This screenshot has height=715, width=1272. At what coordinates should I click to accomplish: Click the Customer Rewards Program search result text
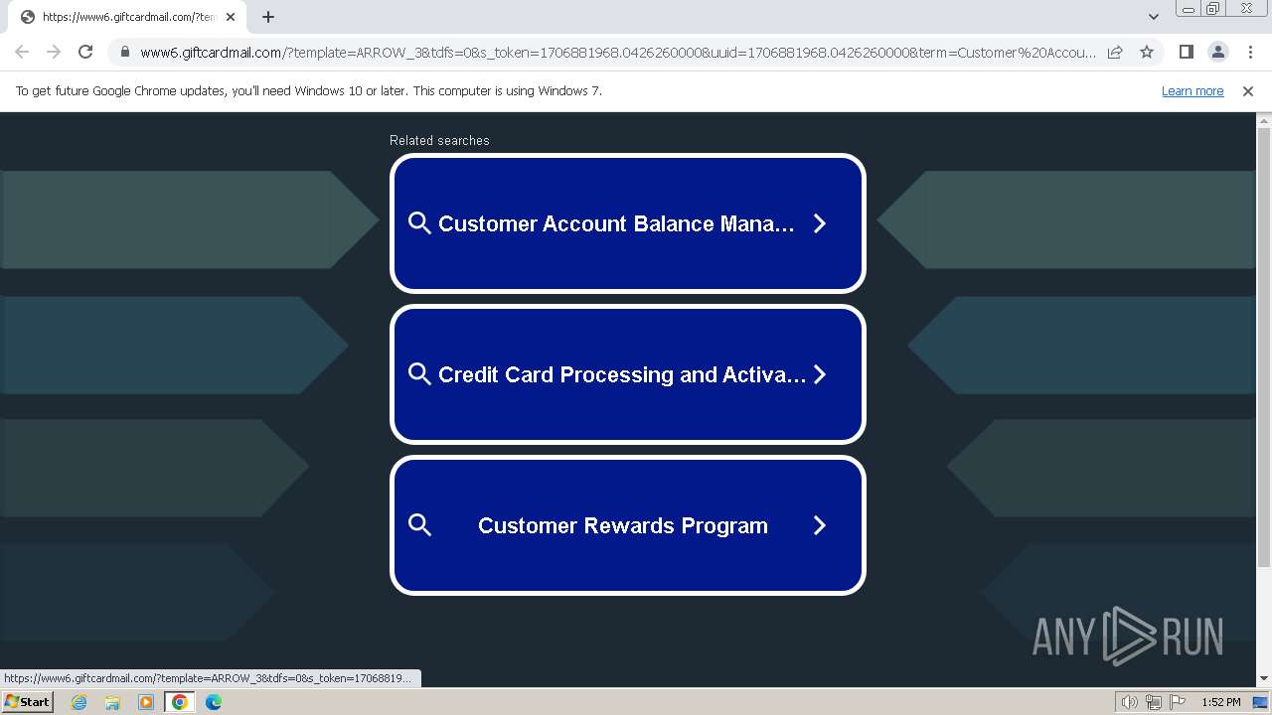tap(622, 525)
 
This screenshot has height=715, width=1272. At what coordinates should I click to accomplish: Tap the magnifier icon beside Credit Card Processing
tap(419, 374)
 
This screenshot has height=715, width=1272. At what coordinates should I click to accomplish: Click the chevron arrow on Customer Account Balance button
tap(819, 223)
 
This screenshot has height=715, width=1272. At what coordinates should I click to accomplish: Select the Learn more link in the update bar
tap(1192, 90)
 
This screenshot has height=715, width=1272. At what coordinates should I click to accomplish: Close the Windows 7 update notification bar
tap(1247, 90)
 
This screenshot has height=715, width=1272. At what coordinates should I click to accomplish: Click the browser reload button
tap(85, 52)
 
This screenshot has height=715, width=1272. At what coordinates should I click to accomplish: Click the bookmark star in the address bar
tap(1147, 52)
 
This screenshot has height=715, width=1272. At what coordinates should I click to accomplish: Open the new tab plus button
tap(268, 17)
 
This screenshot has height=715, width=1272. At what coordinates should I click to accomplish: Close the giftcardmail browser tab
tap(230, 17)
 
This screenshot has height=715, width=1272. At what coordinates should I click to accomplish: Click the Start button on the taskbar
tap(28, 702)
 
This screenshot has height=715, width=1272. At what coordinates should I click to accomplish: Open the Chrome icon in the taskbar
tap(180, 702)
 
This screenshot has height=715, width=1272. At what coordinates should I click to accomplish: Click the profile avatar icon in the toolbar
tap(1217, 52)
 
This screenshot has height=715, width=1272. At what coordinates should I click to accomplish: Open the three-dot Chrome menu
tap(1250, 52)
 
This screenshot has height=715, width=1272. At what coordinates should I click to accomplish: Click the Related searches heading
tap(439, 140)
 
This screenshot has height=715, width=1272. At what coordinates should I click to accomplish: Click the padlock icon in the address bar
tap(125, 52)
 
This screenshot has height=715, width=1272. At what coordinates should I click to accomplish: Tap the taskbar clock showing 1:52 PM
tap(1221, 702)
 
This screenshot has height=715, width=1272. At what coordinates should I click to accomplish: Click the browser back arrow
tap(22, 52)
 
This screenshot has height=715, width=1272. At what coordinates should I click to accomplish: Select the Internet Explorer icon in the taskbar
tap(79, 702)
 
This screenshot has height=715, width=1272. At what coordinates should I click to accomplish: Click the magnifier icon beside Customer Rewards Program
tap(419, 525)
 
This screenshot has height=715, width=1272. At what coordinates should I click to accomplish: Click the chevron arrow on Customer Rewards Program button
tap(819, 525)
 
